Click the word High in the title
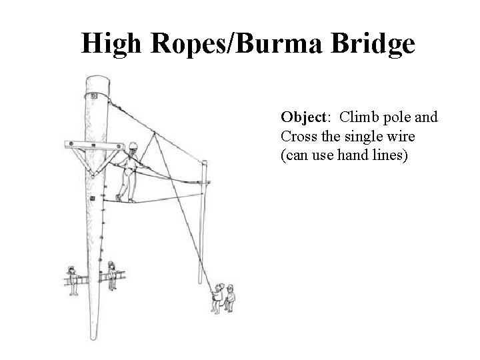[x=111, y=44]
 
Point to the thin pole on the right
[x=204, y=220]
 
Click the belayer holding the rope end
[x=217, y=297]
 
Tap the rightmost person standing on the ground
[x=230, y=297]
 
